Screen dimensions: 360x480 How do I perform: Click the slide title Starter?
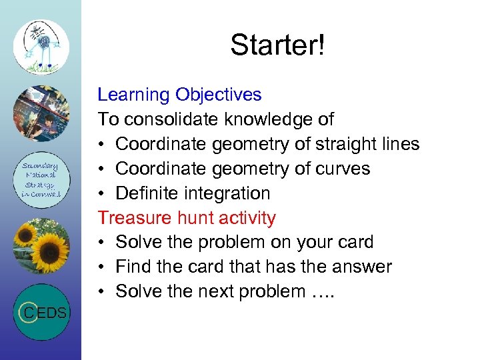point(277,45)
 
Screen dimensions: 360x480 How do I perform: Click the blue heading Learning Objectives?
point(179,95)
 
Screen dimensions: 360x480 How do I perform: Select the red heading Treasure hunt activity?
point(187,217)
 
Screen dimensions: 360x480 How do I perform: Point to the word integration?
point(230,193)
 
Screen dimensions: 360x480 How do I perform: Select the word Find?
point(131,267)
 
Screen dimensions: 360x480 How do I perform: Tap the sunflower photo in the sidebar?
point(41,245)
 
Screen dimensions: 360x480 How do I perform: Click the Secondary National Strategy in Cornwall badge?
point(41,179)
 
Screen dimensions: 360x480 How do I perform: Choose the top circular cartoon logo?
point(41,46)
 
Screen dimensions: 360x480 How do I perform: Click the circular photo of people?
point(41,113)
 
